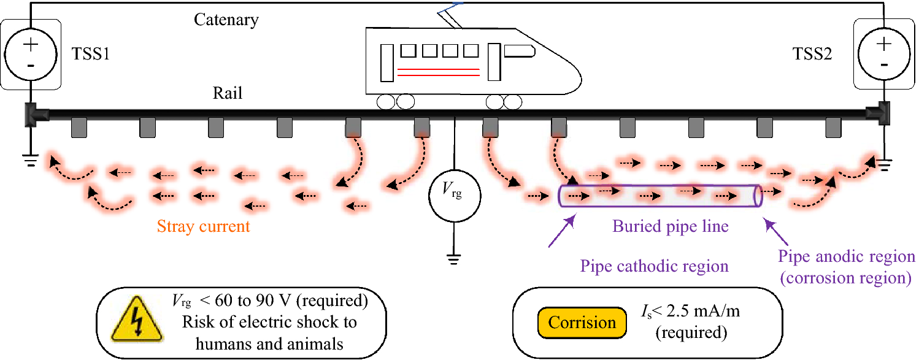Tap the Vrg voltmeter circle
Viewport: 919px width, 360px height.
click(454, 196)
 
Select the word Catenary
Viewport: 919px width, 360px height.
click(226, 20)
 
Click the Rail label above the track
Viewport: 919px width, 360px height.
click(228, 93)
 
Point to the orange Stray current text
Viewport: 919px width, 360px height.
click(203, 226)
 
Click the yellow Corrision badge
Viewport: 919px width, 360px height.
click(582, 323)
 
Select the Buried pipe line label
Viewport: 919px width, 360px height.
click(670, 226)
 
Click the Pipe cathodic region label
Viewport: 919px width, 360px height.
click(654, 266)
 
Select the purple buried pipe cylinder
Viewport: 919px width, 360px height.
click(660, 196)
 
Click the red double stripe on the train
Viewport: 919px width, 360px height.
click(438, 72)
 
